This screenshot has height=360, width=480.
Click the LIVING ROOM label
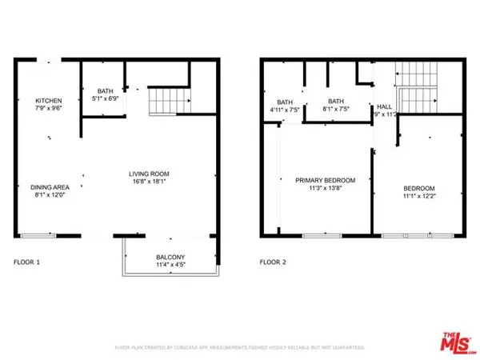tap(150, 174)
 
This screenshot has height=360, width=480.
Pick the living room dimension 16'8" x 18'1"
tap(150, 182)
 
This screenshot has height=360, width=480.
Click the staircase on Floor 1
tap(169, 102)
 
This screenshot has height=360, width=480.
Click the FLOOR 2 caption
tap(273, 262)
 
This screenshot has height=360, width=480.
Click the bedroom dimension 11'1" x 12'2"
tap(419, 197)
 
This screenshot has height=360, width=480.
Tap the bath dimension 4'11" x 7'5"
tap(285, 110)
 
